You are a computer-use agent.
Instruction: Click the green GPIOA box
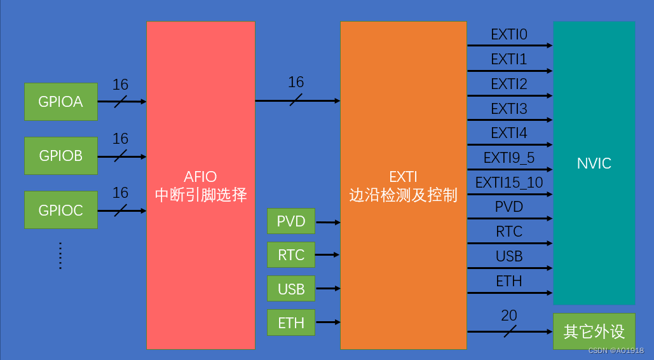coord(60,101)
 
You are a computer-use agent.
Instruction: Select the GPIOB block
coord(60,156)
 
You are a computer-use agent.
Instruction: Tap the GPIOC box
coord(60,210)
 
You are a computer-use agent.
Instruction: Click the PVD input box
coord(291,221)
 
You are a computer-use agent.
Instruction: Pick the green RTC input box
coord(291,255)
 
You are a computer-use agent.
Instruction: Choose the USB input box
coord(291,289)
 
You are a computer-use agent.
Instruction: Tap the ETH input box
coord(291,322)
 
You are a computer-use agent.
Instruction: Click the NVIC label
coord(594,163)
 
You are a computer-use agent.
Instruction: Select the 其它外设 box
coord(594,331)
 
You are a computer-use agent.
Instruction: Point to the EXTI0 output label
coord(508,35)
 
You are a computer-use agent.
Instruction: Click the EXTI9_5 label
coord(508,158)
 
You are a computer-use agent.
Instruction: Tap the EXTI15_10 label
coord(508,183)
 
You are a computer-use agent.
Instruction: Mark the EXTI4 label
coord(508,134)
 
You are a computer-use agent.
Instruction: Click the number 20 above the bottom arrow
coord(508,315)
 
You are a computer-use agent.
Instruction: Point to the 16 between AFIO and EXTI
coord(296,82)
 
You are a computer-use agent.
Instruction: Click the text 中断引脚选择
coord(201,195)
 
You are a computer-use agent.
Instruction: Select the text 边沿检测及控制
coord(403,195)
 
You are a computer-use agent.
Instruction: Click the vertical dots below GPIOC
coord(60,255)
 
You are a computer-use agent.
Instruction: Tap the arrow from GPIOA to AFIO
coord(121,101)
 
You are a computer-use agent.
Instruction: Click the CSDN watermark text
coord(615,350)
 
